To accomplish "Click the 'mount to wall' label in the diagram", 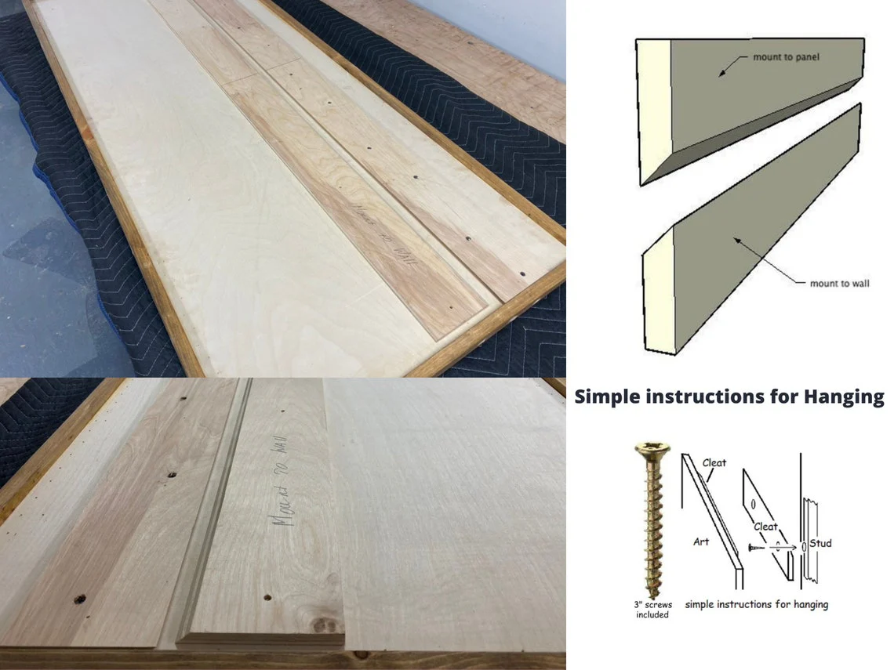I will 840,283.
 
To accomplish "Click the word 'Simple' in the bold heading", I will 605,397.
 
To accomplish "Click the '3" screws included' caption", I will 652,610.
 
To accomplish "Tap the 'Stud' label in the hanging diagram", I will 820,543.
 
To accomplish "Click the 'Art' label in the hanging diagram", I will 701,541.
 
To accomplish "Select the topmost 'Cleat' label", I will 714,463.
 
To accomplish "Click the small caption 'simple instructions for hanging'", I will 756,604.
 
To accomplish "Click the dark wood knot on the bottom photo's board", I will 320,627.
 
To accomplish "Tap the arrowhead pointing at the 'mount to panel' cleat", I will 722,71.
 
